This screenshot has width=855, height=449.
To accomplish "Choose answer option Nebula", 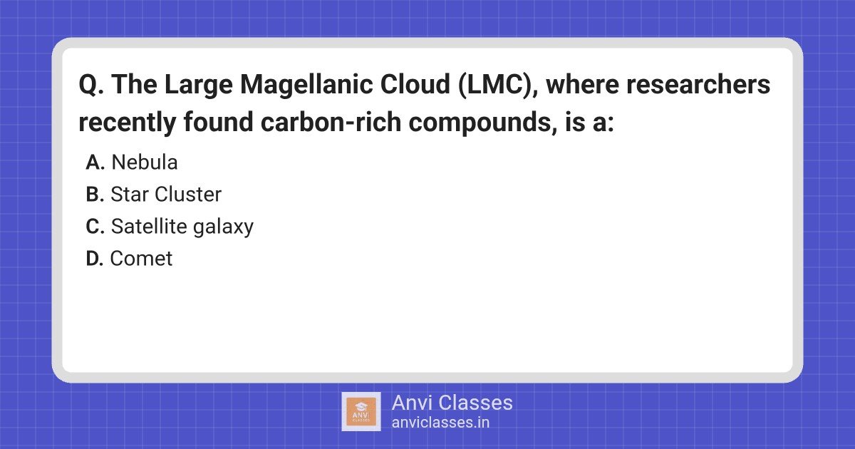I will pos(145,162).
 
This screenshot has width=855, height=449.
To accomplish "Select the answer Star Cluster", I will pos(166,195).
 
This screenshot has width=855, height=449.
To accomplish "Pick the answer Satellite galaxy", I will pos(182,227).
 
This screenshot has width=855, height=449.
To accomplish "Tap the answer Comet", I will pos(141,259).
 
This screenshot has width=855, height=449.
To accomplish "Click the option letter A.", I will pos(95,162).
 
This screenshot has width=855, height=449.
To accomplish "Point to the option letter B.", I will pos(95,195).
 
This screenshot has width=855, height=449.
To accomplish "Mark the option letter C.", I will pos(95,227).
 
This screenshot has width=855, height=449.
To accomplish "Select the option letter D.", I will pos(95,259).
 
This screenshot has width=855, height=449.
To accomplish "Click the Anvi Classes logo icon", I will pos(361,411).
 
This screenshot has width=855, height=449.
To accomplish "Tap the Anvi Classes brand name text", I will pos(452,403).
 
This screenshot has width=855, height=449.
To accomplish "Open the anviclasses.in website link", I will pos(440,422).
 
